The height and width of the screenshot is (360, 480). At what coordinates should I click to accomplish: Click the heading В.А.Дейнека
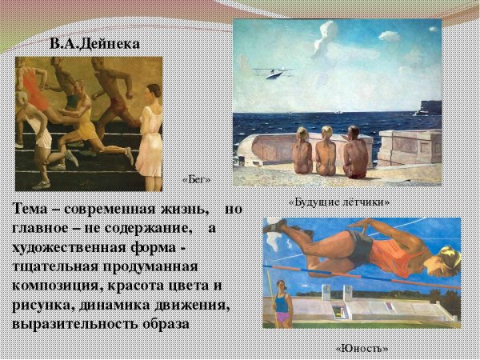point(94,43)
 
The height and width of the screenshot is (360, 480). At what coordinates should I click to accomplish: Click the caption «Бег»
point(196,179)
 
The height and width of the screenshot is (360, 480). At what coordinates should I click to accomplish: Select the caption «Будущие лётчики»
point(339,202)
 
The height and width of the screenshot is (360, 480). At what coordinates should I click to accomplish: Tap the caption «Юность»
point(362,347)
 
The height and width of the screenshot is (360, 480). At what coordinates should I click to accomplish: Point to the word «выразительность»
point(70,325)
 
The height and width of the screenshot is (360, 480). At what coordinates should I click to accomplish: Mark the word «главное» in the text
point(44,229)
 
